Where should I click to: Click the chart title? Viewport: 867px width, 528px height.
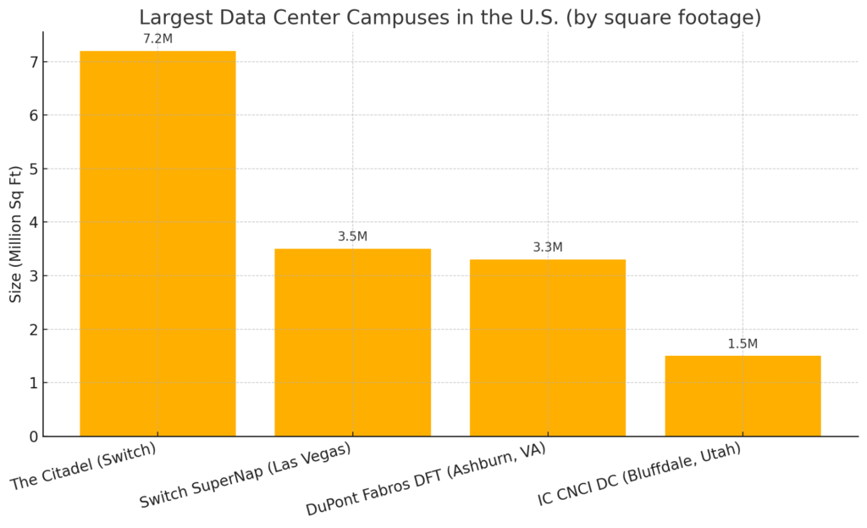coord(450,17)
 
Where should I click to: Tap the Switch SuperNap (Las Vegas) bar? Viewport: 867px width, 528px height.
coord(352,342)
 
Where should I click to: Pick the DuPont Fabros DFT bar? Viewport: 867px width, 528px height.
coord(548,347)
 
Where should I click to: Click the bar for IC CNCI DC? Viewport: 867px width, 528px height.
coord(743,396)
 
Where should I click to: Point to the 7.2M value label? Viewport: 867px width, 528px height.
coord(158,39)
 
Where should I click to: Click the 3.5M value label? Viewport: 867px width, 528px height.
coord(352,236)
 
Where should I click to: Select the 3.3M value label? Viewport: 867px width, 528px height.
coord(548,247)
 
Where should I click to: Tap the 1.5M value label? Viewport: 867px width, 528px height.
coord(743,344)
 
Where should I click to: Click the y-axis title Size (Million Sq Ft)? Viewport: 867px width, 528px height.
coord(16,234)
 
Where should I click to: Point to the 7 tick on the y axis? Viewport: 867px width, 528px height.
coord(33,62)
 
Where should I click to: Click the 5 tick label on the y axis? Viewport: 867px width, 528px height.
coord(33,169)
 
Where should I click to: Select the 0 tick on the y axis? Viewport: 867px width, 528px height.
coord(33,436)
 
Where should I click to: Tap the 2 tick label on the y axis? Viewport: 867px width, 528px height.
coord(33,330)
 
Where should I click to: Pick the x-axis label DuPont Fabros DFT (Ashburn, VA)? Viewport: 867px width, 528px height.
coord(426,479)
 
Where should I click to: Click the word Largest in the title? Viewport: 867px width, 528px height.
coord(173,18)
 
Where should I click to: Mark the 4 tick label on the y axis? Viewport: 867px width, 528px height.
coord(33,222)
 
